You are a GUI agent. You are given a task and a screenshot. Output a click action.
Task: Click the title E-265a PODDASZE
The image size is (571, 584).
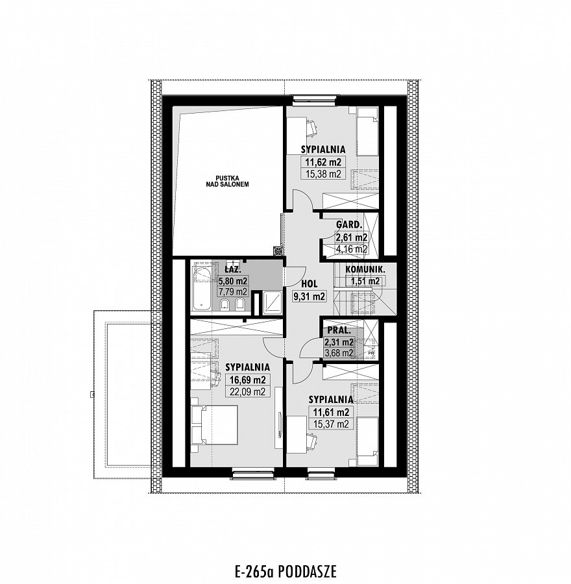[285, 571]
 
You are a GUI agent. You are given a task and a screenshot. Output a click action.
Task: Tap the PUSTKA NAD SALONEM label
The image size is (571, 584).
[227, 181]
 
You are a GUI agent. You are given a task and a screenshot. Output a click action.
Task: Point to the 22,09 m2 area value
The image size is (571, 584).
[247, 391]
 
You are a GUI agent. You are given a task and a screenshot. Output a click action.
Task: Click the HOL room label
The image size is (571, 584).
[309, 284]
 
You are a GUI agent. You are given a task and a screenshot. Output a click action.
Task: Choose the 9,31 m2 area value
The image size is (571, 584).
[309, 297]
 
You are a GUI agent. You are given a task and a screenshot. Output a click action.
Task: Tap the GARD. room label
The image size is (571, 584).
[349, 225]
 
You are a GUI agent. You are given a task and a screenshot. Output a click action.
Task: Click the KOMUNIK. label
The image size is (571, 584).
[365, 269]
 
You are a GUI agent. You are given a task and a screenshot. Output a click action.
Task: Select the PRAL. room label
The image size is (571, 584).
[339, 330]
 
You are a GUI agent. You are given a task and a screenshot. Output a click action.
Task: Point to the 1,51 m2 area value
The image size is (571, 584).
[365, 281]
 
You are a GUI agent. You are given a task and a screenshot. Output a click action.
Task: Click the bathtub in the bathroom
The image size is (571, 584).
[202, 289]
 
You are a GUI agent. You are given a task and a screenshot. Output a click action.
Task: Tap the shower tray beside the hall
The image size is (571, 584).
[273, 301]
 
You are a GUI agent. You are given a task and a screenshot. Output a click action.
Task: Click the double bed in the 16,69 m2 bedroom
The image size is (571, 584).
[214, 425]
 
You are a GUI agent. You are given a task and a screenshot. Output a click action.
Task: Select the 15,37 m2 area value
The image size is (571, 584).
[331, 424]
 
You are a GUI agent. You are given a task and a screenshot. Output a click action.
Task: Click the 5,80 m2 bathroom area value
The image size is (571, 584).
[233, 281]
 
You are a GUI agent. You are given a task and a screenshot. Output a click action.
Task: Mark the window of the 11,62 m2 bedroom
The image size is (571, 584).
[313, 99]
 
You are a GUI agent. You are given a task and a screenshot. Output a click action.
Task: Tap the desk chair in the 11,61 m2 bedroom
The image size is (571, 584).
[312, 440]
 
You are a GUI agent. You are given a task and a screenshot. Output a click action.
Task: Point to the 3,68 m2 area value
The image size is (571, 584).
[339, 353]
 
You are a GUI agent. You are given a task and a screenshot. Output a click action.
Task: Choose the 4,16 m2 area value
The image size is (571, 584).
[351, 249]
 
